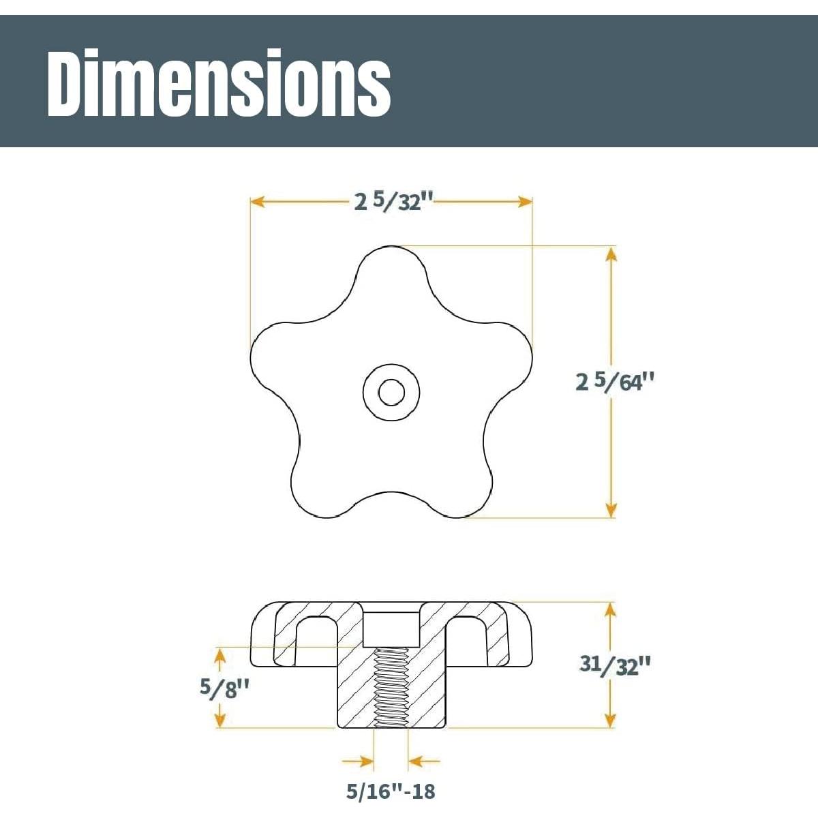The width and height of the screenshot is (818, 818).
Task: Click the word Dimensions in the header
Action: point(219,83)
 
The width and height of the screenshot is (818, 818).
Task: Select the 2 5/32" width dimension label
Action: point(394,202)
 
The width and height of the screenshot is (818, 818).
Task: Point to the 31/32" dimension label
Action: point(611,665)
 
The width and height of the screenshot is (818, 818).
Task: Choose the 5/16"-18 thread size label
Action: point(390,791)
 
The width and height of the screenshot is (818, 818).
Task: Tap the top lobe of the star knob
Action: point(391,273)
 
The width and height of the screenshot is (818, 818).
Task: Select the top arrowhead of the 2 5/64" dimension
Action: point(611,254)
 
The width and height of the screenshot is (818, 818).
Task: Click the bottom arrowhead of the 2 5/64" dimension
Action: point(611,510)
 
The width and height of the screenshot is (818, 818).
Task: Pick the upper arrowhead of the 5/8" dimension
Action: point(220,654)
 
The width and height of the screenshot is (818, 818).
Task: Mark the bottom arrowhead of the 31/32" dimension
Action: point(611,720)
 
